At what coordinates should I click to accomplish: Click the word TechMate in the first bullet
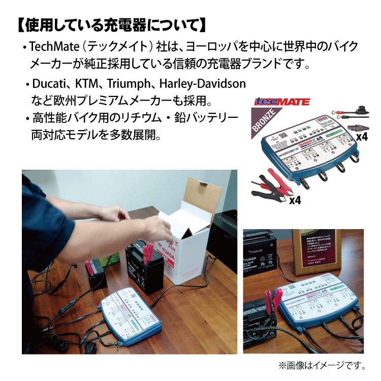(52, 47)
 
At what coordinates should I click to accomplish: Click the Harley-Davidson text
(202, 83)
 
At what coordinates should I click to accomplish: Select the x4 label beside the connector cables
(361, 137)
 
